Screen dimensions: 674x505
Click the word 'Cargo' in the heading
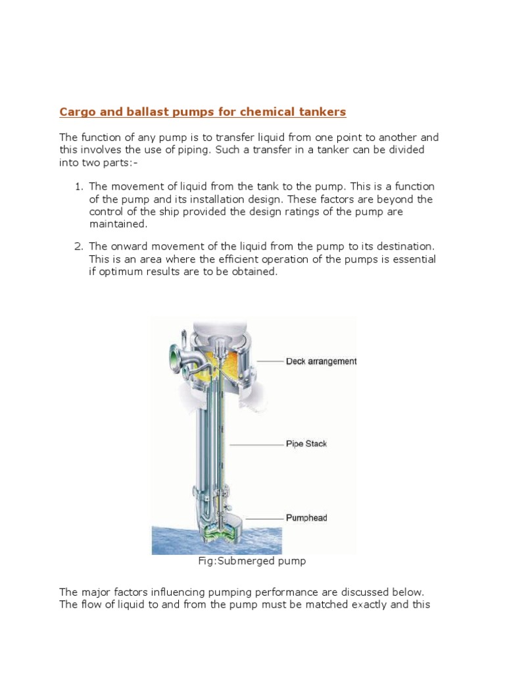click(75, 112)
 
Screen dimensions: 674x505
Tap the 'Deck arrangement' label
click(321, 361)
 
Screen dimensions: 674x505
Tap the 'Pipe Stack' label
click(306, 444)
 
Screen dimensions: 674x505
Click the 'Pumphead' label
click(306, 518)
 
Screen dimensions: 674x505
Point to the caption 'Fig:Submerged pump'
click(252, 561)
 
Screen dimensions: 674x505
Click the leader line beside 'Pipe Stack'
click(256, 444)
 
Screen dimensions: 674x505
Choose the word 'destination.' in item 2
click(405, 246)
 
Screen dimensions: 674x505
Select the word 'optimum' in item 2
click(122, 272)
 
